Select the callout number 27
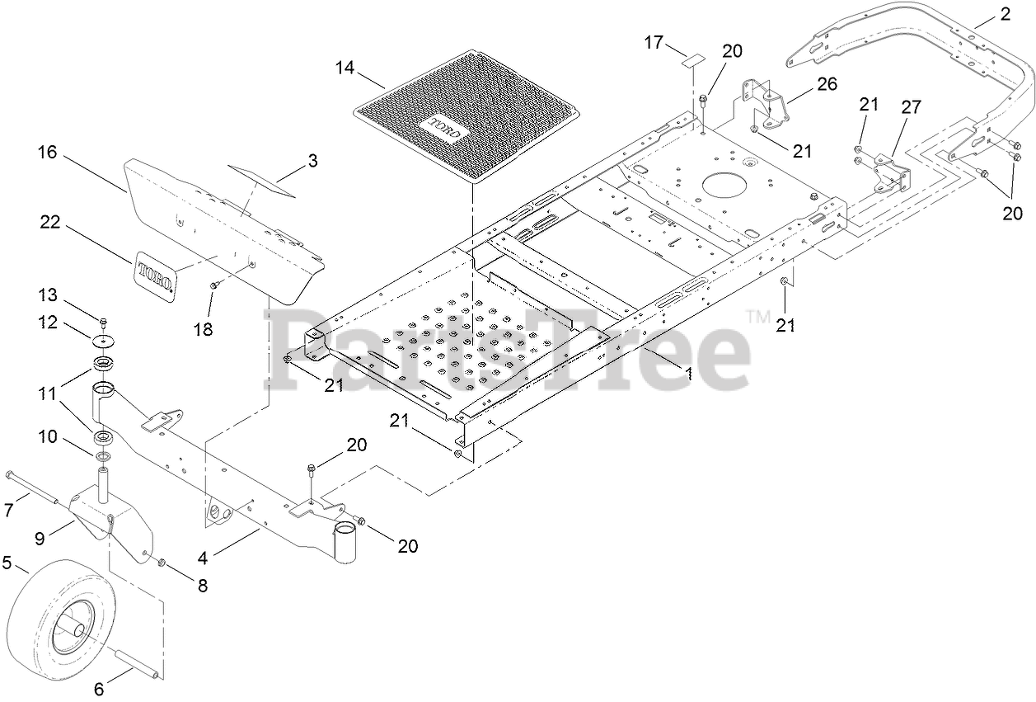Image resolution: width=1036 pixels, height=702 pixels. click(x=912, y=106)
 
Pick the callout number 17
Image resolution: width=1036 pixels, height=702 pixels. click(x=654, y=42)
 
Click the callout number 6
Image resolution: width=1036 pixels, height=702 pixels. click(x=100, y=690)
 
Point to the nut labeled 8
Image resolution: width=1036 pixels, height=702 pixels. click(x=162, y=563)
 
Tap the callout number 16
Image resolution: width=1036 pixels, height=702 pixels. click(x=48, y=152)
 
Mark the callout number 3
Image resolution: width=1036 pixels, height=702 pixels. click(x=312, y=161)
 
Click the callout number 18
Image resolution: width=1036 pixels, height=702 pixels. click(x=203, y=329)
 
